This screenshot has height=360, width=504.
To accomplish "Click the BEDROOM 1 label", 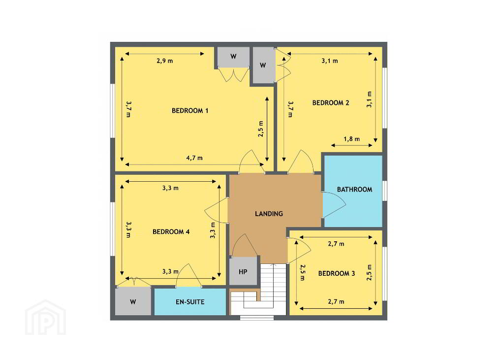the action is pyautogui.click(x=190, y=111).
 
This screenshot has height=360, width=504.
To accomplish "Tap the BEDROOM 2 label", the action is pyautogui.click(x=331, y=103).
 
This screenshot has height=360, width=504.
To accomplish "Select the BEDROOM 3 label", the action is pyautogui.click(x=337, y=273).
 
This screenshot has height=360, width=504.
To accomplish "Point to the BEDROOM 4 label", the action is pyautogui.click(x=171, y=231).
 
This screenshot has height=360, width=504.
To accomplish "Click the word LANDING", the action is pyautogui.click(x=269, y=214).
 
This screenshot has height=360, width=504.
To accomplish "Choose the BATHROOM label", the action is pyautogui.click(x=354, y=190).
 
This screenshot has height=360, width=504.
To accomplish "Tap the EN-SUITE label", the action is pyautogui.click(x=190, y=302).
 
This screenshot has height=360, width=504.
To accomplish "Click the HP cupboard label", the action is pyautogui.click(x=243, y=272).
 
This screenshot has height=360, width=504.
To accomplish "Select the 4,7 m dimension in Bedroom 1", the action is pyautogui.click(x=194, y=158).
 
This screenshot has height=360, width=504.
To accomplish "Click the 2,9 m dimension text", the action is pyautogui.click(x=165, y=61).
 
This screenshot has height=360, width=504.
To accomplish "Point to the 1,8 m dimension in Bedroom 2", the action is pyautogui.click(x=351, y=139).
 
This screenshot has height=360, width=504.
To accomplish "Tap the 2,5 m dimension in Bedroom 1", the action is pyautogui.click(x=261, y=129).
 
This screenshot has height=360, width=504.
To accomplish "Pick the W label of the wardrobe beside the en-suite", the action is pyautogui.click(x=133, y=302).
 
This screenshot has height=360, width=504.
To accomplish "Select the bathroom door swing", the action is pyautogui.click(x=334, y=204).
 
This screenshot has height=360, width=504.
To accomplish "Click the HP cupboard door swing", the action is pyautogui.click(x=244, y=245).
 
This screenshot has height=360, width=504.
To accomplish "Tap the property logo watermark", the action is pyautogui.click(x=45, y=318).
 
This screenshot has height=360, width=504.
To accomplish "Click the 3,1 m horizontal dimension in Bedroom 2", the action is pyautogui.click(x=330, y=61).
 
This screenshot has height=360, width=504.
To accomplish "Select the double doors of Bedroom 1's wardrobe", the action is pyautogui.click(x=234, y=74).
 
